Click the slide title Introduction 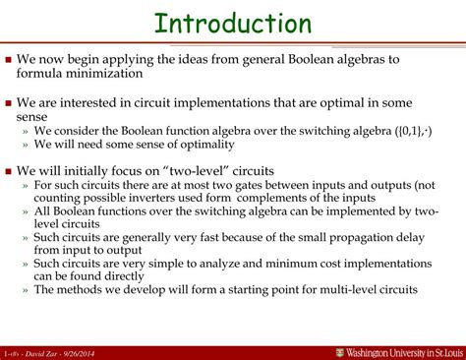tap(233, 24)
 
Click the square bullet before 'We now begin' tap(9, 60)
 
